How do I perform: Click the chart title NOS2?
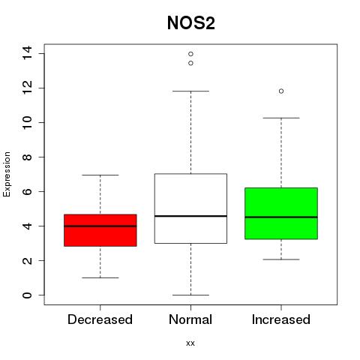click(191, 23)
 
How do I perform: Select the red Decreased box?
click(100, 230)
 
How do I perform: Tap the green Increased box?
click(281, 213)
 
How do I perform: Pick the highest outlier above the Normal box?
click(190, 54)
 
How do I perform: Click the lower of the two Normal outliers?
click(190, 63)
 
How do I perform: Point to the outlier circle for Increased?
click(281, 91)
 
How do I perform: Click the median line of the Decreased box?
click(100, 226)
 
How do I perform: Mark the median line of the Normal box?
click(190, 216)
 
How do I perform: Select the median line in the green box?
click(281, 217)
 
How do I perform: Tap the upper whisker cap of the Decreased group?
click(100, 175)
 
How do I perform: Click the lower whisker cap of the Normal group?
click(190, 295)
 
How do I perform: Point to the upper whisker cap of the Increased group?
click(281, 118)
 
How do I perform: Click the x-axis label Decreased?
click(100, 319)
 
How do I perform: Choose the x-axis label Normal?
click(190, 319)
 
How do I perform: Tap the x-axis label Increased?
click(281, 319)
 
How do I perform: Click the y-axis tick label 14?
click(27, 53)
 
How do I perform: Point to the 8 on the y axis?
click(27, 157)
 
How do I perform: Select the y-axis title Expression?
click(7, 174)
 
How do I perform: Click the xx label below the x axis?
click(190, 343)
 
